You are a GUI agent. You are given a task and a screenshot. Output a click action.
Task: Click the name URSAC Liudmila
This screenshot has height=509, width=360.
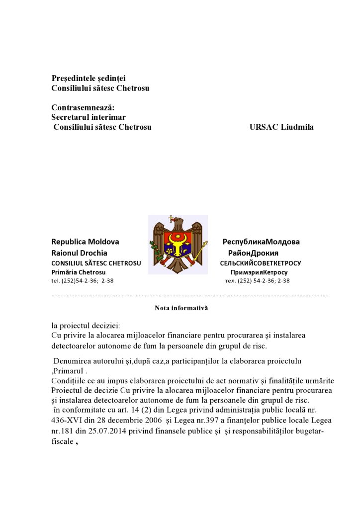pyautogui.click(x=281, y=127)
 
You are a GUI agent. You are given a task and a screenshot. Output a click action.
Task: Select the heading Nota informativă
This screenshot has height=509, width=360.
pyautogui.click(x=181, y=308)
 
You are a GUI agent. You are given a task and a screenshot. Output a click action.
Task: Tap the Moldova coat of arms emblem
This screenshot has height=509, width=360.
pyautogui.click(x=178, y=245)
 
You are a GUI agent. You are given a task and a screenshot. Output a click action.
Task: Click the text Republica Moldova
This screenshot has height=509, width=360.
pyautogui.click(x=85, y=242)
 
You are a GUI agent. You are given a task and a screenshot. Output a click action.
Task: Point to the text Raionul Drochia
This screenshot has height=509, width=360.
pyautogui.click(x=79, y=253)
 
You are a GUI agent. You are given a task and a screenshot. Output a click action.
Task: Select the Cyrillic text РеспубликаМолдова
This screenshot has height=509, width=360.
pyautogui.click(x=261, y=242)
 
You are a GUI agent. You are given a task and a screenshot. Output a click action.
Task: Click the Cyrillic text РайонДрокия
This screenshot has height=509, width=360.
pyautogui.click(x=261, y=253)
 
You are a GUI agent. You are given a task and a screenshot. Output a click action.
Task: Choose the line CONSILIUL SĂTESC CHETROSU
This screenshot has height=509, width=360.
pyautogui.click(x=96, y=263)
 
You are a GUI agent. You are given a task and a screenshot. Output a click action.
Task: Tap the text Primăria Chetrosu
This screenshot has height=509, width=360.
pyautogui.click(x=79, y=272)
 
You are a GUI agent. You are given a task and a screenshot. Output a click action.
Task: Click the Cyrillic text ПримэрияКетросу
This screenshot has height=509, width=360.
pyautogui.click(x=259, y=272)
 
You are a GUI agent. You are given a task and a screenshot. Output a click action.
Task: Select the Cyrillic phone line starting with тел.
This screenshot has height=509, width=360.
pyautogui.click(x=257, y=281)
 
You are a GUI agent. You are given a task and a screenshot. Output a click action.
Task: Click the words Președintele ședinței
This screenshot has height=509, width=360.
pyautogui.click(x=89, y=78)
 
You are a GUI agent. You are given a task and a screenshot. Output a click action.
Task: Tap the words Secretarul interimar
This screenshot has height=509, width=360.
pyautogui.click(x=89, y=117)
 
